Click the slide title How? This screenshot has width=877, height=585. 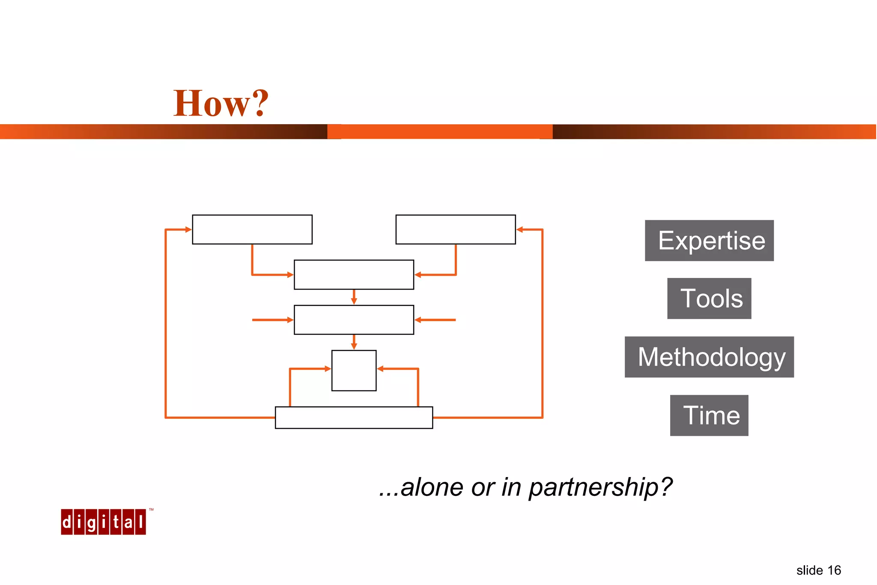click(221, 103)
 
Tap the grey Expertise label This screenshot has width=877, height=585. click(709, 241)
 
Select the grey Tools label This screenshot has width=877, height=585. click(709, 298)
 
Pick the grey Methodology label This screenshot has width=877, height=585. click(709, 357)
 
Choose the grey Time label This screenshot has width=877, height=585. click(709, 415)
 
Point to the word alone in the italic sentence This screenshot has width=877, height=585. click(432, 487)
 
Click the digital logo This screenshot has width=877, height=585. click(103, 522)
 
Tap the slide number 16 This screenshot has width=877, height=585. click(833, 570)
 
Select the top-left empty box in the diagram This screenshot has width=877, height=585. click(252, 230)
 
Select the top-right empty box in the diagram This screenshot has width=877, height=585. click(456, 230)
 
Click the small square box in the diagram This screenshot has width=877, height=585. click(354, 370)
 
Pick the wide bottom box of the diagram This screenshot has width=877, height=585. click(354, 418)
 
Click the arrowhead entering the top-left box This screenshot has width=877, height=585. click(188, 230)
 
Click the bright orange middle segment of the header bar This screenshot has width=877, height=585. click(440, 132)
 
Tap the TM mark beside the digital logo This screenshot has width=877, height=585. click(151, 510)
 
